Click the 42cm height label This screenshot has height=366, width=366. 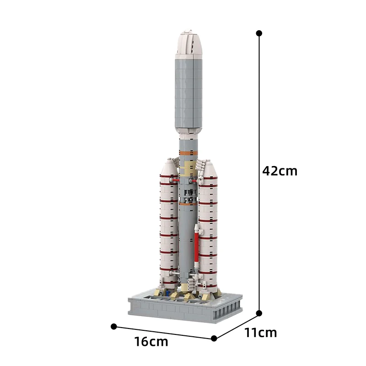point(280,171)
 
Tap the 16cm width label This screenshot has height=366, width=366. point(151,341)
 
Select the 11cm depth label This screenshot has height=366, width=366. point(260,333)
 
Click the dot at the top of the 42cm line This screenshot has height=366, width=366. point(259,33)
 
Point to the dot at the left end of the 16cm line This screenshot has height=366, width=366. point(113,326)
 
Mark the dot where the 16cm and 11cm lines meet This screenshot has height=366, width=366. point(214,339)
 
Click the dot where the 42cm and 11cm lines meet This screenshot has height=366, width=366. point(259,313)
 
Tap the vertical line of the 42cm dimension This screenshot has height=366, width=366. point(259,114)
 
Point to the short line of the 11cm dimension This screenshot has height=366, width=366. point(237,326)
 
